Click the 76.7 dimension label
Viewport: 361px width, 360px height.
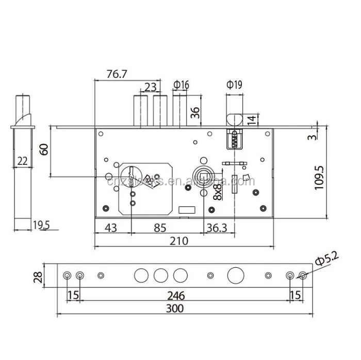[x=117, y=74]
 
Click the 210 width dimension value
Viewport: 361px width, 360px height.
[x=179, y=241]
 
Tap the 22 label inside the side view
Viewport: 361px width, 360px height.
[x=22, y=161]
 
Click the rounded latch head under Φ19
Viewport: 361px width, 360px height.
[x=235, y=118]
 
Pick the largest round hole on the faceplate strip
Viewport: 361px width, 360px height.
[x=235, y=275]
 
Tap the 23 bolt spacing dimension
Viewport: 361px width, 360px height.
[x=151, y=87]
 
